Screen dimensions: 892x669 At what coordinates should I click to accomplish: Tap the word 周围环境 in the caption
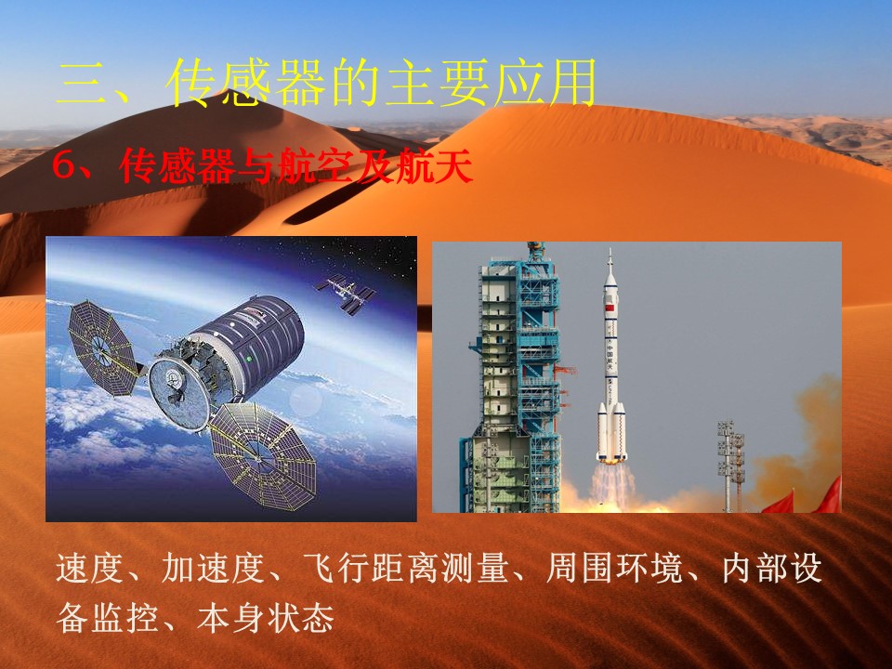613,568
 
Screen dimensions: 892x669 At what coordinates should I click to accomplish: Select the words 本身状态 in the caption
265,617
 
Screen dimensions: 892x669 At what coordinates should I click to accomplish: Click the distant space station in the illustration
345,294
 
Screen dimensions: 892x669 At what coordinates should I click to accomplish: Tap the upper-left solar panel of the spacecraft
101,348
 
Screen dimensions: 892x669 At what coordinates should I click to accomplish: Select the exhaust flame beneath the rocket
612,485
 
